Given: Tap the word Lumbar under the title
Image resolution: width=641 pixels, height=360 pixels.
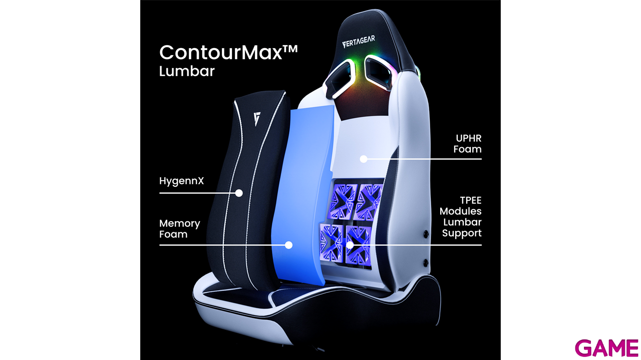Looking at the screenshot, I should (186, 71).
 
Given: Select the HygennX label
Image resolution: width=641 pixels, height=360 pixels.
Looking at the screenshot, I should (181, 181).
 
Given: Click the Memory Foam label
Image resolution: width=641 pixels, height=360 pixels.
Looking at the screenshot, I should (180, 229).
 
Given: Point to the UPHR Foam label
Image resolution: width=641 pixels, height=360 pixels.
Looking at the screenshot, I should (467, 143).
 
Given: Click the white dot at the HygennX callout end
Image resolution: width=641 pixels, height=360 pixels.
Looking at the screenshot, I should (239, 193).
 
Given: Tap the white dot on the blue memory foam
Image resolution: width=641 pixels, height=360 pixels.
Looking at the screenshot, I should (288, 245).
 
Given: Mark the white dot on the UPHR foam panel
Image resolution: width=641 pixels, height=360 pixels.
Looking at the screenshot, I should (364, 159).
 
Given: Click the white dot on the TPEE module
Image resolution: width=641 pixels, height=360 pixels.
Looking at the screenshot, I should (350, 245).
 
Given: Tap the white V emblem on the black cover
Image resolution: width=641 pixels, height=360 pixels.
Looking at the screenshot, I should (258, 120).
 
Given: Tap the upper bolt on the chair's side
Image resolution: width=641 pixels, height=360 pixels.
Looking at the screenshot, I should (426, 234).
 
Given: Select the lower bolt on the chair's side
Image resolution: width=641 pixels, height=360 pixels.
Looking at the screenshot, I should (426, 262).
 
